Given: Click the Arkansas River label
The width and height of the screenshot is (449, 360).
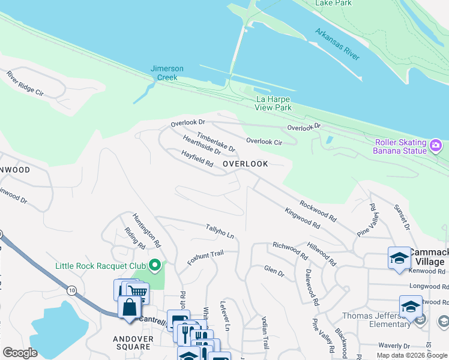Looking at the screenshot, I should [337, 44].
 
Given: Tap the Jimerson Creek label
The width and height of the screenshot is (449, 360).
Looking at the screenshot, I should [167, 73].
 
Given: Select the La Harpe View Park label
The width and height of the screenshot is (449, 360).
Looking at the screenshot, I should [274, 103].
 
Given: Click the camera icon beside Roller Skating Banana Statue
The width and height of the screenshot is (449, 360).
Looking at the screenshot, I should [436, 145].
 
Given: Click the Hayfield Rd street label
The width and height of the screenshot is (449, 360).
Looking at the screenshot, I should [197, 159].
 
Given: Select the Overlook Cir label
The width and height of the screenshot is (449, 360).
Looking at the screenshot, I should [264, 142].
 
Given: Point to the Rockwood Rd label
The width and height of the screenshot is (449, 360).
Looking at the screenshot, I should [318, 209].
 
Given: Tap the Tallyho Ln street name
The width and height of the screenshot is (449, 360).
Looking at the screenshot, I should [219, 231].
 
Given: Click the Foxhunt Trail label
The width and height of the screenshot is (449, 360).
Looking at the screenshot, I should [205, 259].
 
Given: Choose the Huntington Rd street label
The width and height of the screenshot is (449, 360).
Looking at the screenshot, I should [147, 230].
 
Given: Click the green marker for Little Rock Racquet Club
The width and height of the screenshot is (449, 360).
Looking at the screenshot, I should [155, 265].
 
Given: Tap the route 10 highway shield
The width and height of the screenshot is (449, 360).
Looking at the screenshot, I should [72, 290].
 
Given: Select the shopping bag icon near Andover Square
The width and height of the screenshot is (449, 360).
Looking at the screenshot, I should [129, 308].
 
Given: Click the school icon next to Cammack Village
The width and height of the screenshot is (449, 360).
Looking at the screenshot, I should [399, 257].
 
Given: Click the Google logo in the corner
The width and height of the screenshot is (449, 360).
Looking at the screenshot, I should [20, 353].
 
